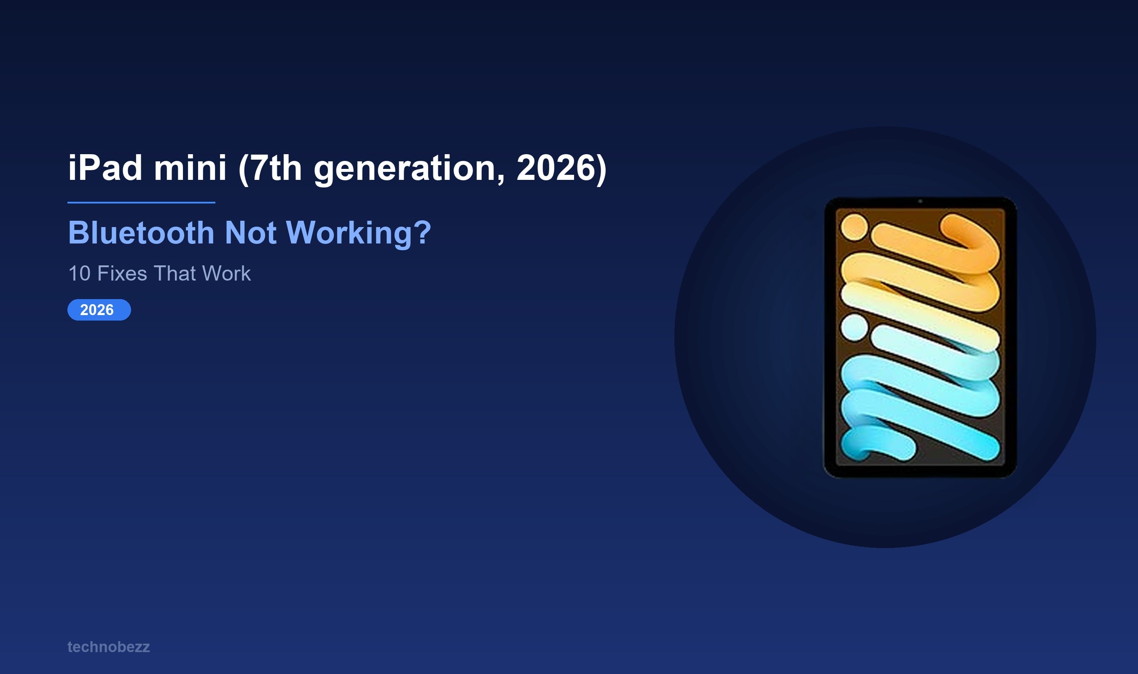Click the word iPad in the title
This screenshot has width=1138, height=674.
105,168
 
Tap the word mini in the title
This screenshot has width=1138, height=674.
190,168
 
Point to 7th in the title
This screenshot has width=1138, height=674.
275,168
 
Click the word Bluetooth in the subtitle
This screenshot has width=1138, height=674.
141,233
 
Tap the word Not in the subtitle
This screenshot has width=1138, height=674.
250,233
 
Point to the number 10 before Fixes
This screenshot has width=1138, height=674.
79,273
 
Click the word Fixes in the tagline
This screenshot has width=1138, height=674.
122,273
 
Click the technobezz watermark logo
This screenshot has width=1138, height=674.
109,647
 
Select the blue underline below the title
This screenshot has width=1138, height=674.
141,203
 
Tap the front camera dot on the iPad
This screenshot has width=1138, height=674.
920,201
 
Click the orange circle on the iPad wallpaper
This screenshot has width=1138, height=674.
854,227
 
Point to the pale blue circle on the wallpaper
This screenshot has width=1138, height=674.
854,327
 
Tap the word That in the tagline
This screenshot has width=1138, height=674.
174,273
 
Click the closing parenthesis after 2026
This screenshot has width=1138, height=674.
601,169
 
